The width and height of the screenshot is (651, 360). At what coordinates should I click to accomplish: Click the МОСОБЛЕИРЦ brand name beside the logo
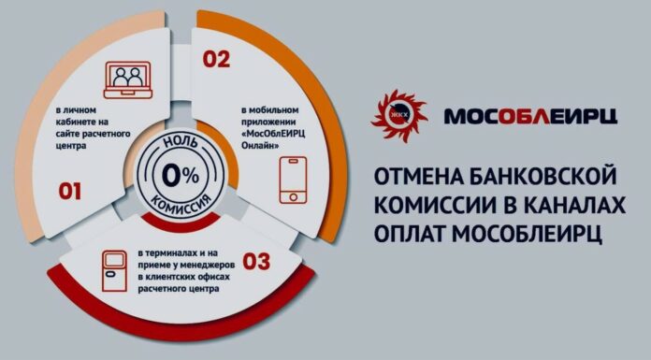click(x=529, y=116)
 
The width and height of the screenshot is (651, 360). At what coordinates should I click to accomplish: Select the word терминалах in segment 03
click(x=173, y=254)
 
